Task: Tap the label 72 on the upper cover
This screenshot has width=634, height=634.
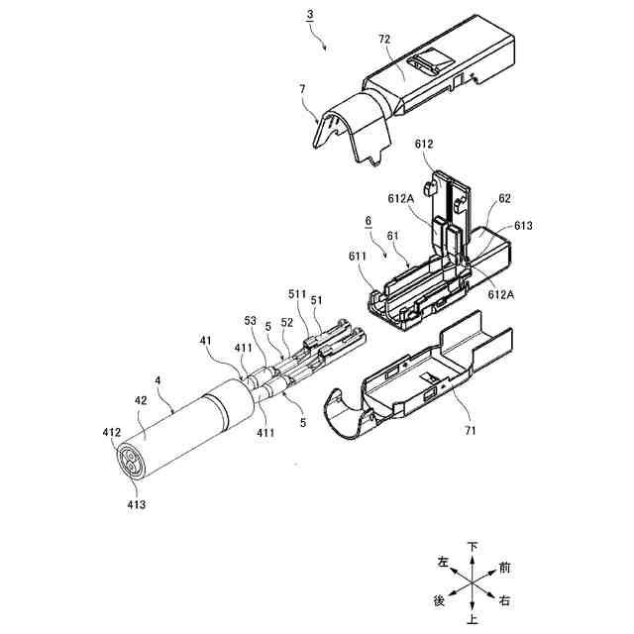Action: click(384, 39)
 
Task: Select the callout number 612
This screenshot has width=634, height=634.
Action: click(424, 145)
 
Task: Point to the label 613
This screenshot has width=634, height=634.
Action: click(523, 226)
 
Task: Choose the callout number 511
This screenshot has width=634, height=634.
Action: click(294, 294)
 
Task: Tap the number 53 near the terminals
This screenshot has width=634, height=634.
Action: click(250, 321)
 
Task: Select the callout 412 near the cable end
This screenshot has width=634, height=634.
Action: click(112, 433)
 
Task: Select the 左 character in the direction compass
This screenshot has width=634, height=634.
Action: click(443, 563)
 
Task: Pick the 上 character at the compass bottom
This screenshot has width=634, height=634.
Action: click(474, 621)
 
